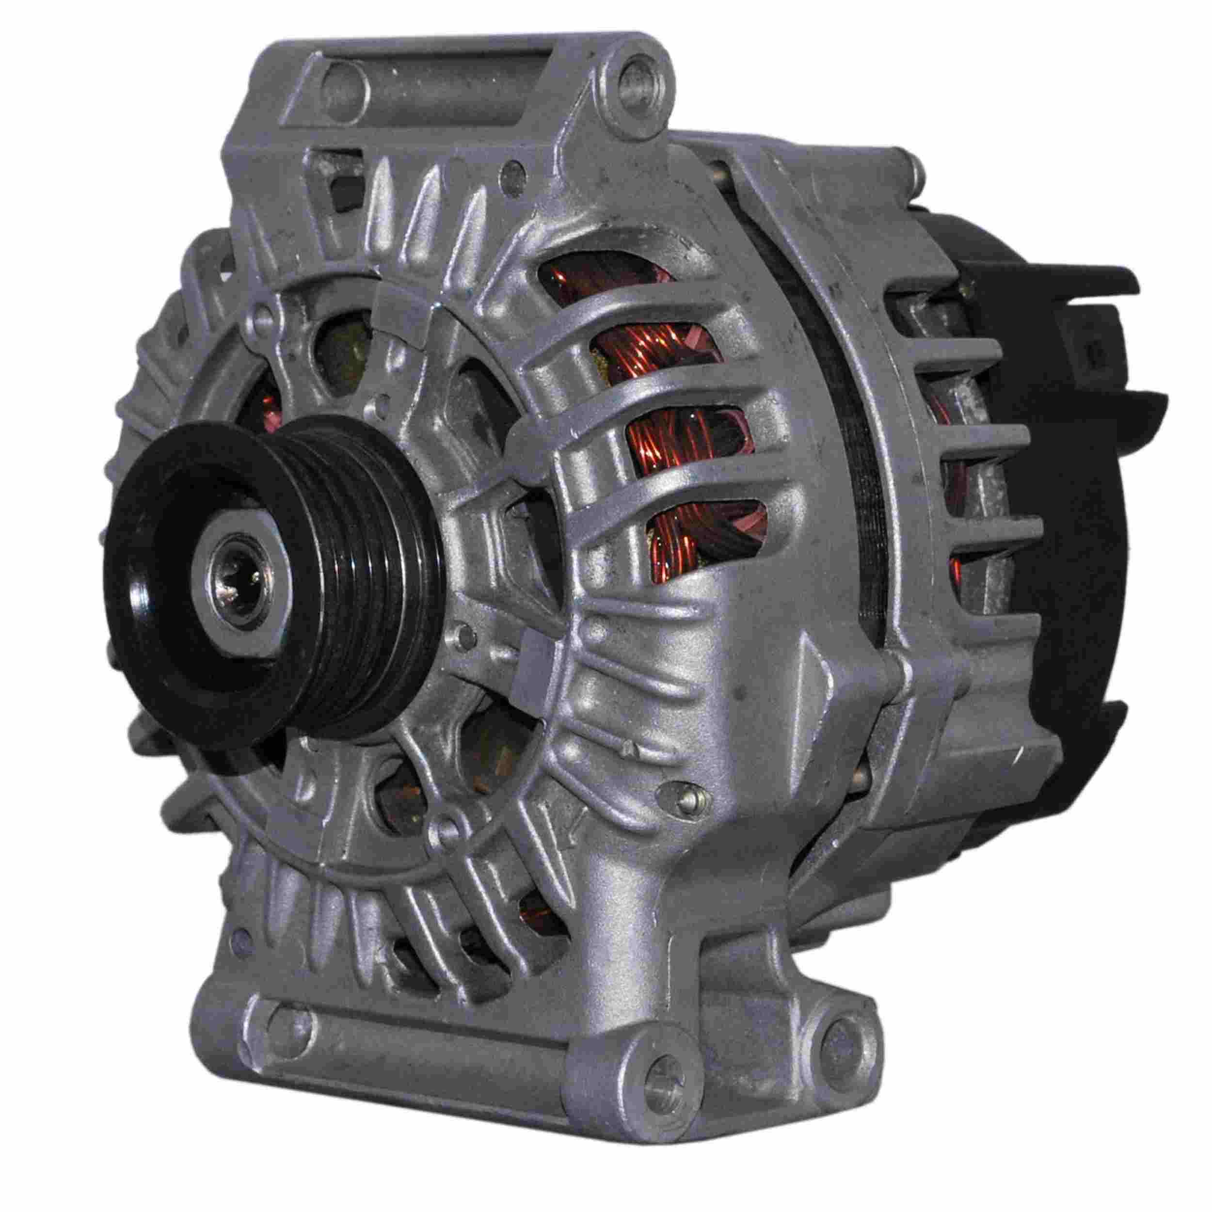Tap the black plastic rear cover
pyautogui.click(x=1067, y=502)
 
